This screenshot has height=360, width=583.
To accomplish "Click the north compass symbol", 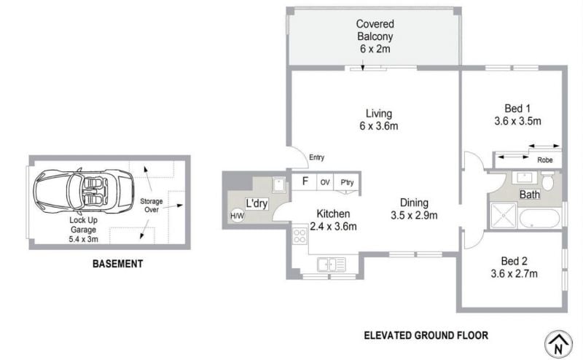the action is click(558, 344).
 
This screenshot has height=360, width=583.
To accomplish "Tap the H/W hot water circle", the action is click(238, 215).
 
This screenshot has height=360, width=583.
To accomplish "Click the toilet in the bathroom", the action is click(547, 181).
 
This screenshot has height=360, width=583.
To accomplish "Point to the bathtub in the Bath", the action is click(539, 219).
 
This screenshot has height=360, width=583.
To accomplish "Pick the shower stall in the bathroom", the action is click(504, 215).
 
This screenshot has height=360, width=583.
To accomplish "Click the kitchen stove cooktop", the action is click(300, 235).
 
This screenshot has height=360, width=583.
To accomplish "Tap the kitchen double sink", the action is click(332, 265).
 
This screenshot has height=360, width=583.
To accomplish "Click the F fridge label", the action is click(305, 181).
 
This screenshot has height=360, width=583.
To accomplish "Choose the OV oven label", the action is click(325, 182).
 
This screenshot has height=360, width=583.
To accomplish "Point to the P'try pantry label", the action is click(347, 182).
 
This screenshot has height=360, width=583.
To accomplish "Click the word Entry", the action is click(317, 157).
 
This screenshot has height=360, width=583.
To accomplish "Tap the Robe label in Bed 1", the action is click(544, 160).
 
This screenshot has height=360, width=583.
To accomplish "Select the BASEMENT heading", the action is click(117, 264).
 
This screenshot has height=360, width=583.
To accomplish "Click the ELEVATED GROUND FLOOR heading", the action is click(426, 335).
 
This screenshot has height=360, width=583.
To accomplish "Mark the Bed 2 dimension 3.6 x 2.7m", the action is click(514, 274).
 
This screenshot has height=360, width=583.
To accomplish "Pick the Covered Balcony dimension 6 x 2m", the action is click(375, 49).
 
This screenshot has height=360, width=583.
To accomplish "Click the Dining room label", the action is click(414, 203).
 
